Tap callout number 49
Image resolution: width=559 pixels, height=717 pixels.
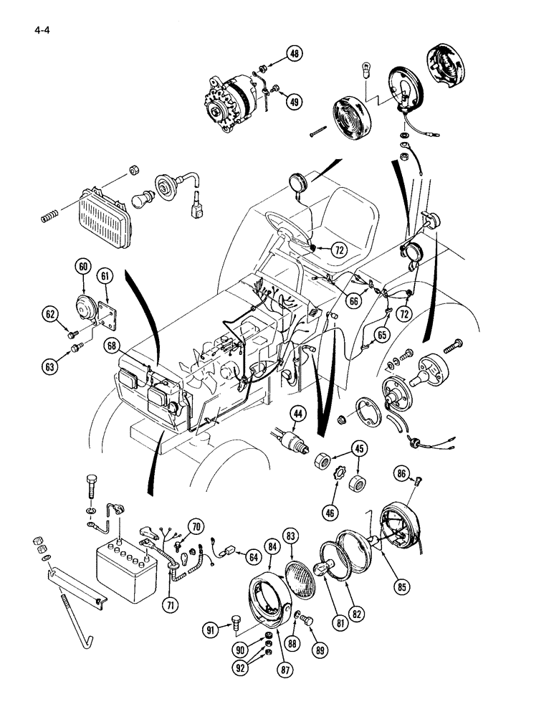pos(295,102)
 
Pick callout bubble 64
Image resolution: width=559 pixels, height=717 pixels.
pos(252,555)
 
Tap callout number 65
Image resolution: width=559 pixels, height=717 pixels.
pos(382,334)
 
